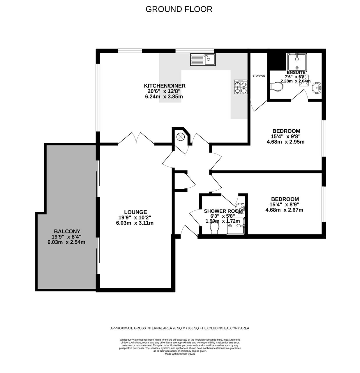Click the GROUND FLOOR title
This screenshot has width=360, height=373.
[x=179, y=9]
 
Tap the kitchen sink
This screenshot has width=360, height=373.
[x=203, y=59]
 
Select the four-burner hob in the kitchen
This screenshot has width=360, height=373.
[x=241, y=87]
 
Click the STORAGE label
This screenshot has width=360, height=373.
[x=259, y=76]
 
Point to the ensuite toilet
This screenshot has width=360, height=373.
[x=277, y=87]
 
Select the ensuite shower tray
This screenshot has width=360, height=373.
[x=297, y=61]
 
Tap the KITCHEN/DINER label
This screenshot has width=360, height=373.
[x=165, y=86]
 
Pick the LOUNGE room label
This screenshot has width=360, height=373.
[x=135, y=212]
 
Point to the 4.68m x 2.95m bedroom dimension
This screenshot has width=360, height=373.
[x=285, y=142]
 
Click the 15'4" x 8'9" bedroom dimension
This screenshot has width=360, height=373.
[x=285, y=205]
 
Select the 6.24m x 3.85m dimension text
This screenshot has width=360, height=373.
[x=164, y=96]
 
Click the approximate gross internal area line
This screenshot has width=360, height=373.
[x=180, y=328]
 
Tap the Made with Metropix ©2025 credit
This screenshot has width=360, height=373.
[x=180, y=354]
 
